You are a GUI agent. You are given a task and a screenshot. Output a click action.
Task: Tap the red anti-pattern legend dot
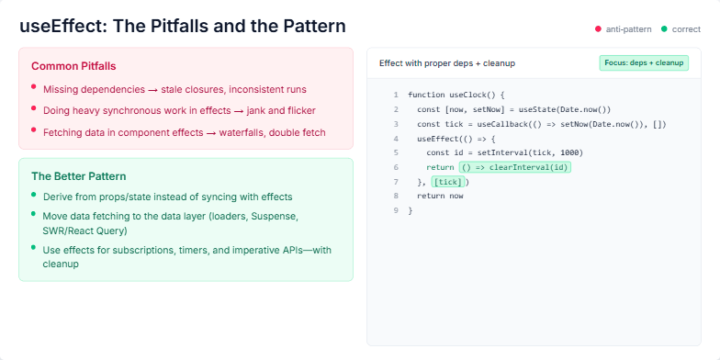coord(598,29)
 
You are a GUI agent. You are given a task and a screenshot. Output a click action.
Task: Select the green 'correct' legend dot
coord(664,29)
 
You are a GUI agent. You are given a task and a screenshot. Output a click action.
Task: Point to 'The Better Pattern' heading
coord(78,175)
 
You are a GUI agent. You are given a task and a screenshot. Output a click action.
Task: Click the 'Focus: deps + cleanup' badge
coord(644,63)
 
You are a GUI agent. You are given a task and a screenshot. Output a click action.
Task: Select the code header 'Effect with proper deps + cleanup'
coord(446,63)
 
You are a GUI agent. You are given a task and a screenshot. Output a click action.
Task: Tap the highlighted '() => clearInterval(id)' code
coord(515,167)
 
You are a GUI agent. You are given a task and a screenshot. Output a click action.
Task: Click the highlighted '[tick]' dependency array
coord(447,182)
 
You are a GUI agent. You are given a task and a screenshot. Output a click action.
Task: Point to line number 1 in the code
coord(395,95)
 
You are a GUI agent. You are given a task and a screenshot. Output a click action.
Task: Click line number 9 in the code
coord(395,210)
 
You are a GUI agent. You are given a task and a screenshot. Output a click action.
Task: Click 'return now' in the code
coord(440,196)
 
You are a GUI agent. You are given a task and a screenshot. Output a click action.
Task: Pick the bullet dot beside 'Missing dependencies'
coord(34,87)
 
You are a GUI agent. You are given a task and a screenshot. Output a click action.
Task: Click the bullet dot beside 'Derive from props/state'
coord(34,195)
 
